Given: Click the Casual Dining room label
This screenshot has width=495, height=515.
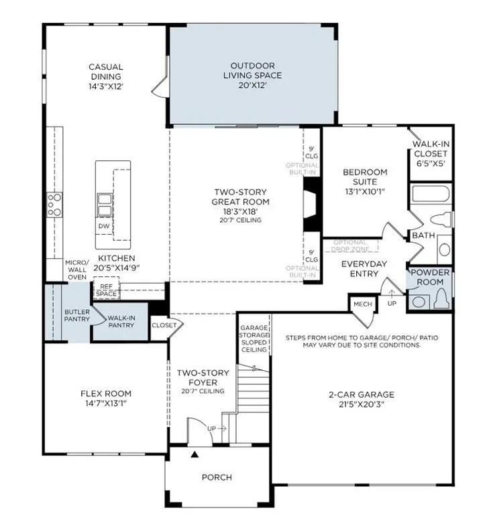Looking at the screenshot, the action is (x=106, y=72).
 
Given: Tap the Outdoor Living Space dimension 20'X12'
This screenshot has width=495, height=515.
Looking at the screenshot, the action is (x=253, y=85).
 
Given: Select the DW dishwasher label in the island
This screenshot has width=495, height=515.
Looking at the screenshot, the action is (x=104, y=226).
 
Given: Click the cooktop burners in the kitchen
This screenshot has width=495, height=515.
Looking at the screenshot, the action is (x=54, y=205).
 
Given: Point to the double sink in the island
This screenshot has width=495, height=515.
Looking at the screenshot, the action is (x=105, y=205).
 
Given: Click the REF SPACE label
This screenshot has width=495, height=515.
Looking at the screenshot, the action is (x=106, y=290).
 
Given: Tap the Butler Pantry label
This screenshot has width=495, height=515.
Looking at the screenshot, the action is (x=77, y=315).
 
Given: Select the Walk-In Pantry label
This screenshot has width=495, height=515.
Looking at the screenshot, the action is (x=121, y=322).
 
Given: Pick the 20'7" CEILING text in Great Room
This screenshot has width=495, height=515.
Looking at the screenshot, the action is (x=240, y=220).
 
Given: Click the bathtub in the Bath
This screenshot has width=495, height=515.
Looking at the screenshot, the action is (x=431, y=194).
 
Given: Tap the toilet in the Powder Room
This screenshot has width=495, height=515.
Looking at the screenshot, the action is (x=442, y=299).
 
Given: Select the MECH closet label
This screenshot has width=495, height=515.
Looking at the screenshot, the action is (x=363, y=304).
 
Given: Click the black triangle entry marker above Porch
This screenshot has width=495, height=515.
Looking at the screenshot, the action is (x=195, y=454).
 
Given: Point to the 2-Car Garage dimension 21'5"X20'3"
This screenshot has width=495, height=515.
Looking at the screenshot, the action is (x=362, y=404).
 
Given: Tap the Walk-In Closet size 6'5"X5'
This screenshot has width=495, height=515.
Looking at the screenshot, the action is (x=431, y=163).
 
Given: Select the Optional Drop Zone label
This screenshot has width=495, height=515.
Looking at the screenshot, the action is (x=350, y=245).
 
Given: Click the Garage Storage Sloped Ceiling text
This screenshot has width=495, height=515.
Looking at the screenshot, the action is (x=254, y=339).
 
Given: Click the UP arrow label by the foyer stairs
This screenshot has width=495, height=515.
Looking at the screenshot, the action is (x=211, y=428).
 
